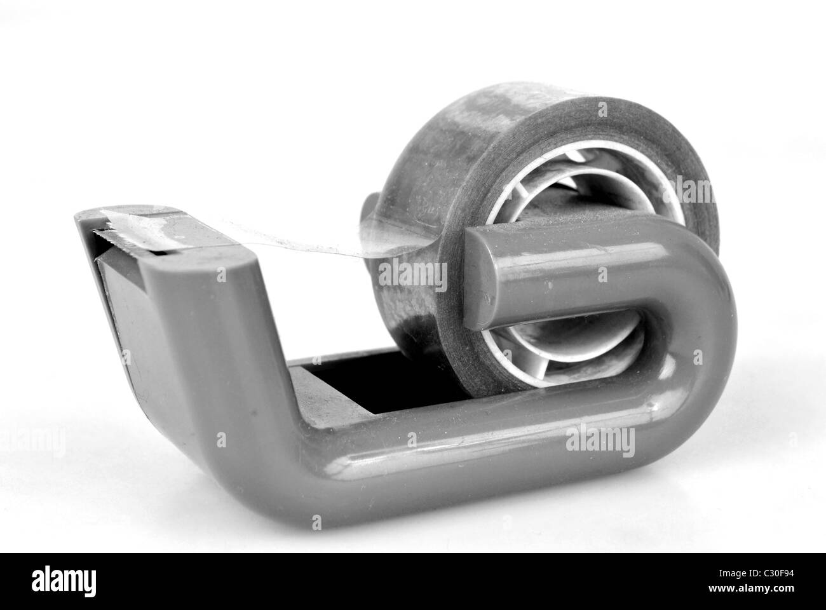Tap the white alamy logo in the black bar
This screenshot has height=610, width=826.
[x=64, y=581]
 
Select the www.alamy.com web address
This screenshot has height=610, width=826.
[x=751, y=588]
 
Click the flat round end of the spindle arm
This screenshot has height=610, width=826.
[x=480, y=280]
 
